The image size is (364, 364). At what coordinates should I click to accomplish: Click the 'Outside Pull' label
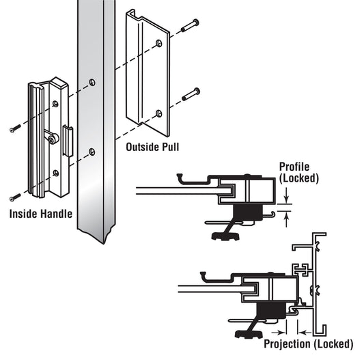tap(152, 147)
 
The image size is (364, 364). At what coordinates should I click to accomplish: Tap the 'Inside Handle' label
tap(41, 214)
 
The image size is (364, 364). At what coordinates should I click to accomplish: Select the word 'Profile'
tap(294, 167)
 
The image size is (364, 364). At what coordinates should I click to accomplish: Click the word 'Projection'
tap(287, 344)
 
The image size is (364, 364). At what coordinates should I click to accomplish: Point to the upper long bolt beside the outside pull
tap(190, 26)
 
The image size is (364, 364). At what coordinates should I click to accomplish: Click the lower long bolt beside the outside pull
tap(191, 94)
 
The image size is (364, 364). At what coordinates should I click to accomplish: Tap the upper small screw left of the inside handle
tap(15, 128)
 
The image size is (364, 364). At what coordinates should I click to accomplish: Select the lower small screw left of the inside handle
tap(15, 197)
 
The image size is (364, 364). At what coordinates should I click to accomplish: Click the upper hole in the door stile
tap(92, 82)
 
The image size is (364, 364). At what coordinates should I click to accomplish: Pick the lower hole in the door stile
tap(92, 152)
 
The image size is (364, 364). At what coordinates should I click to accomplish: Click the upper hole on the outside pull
tap(159, 44)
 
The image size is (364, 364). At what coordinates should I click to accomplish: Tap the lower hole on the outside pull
tap(159, 113)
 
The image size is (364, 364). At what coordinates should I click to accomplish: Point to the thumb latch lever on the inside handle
tap(51, 137)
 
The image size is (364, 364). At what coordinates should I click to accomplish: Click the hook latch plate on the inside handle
tap(68, 141)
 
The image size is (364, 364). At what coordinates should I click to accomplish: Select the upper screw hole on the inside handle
tap(56, 104)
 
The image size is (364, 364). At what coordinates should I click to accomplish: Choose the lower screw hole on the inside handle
tap(56, 173)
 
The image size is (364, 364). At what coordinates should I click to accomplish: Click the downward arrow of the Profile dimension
tap(286, 195)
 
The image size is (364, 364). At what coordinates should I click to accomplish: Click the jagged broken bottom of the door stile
tap(97, 234)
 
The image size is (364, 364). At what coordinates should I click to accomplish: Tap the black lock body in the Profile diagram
tap(247, 212)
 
